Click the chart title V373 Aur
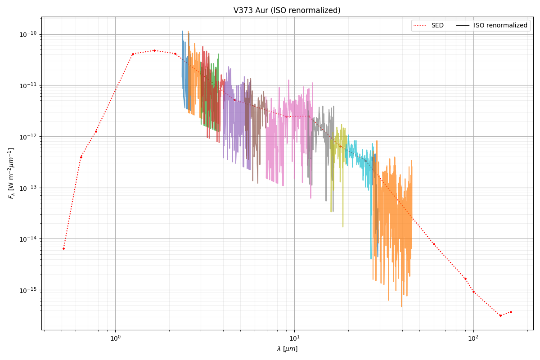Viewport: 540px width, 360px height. click(x=287, y=10)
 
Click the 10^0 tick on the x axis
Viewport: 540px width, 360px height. click(x=116, y=338)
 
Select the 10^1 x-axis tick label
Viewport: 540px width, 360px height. click(x=294, y=338)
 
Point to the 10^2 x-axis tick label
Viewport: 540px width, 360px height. click(x=473, y=338)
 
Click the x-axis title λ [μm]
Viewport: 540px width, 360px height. click(x=287, y=349)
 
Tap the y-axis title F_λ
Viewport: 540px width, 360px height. click(x=11, y=173)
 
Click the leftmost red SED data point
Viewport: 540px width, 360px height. click(x=63, y=248)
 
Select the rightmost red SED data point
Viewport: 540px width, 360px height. click(x=511, y=312)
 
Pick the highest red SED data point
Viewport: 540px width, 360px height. click(x=154, y=50)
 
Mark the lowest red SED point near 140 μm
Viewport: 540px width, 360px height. click(x=500, y=315)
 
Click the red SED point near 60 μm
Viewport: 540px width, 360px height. click(x=434, y=244)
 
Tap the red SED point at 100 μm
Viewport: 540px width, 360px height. click(x=473, y=292)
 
